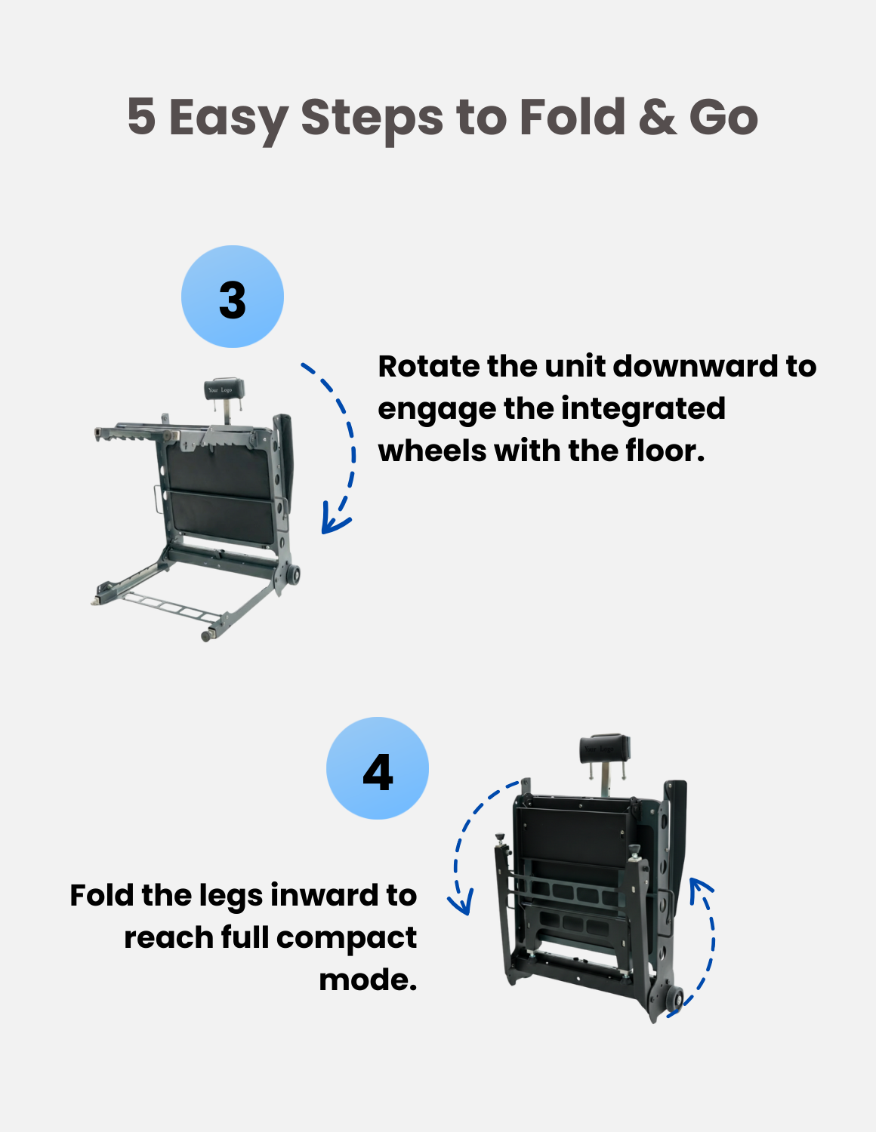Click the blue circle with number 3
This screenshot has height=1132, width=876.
(x=233, y=297)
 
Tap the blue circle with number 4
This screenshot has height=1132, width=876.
(x=378, y=768)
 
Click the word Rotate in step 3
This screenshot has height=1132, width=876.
(x=429, y=366)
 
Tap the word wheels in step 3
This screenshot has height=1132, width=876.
(x=432, y=451)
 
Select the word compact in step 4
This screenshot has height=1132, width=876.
(x=347, y=938)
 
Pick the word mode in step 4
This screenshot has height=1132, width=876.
(x=368, y=980)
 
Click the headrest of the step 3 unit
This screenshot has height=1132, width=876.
(x=224, y=389)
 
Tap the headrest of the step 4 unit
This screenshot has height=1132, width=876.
(x=604, y=749)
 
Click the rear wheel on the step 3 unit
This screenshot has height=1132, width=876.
(x=293, y=575)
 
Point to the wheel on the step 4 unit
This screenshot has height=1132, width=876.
(x=674, y=998)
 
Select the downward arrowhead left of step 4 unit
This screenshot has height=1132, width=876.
(x=461, y=901)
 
